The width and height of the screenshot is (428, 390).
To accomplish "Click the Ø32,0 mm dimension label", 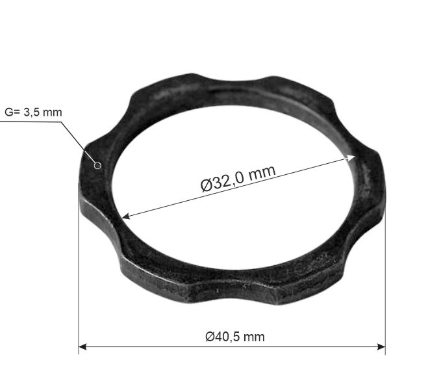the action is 238,179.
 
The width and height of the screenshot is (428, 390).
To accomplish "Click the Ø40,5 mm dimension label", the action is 235,337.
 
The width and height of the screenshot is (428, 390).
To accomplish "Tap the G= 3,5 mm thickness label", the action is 33,112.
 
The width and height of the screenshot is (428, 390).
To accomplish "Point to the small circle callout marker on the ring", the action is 97,166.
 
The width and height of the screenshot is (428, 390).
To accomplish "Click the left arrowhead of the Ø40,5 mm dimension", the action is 82,347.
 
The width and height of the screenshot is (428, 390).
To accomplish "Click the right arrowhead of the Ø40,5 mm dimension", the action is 381,347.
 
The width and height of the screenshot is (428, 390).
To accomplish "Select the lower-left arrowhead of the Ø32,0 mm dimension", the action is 125,216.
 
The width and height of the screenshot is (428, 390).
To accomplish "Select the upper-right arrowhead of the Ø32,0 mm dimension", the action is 351,157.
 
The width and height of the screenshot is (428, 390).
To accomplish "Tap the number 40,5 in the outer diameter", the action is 226,337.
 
